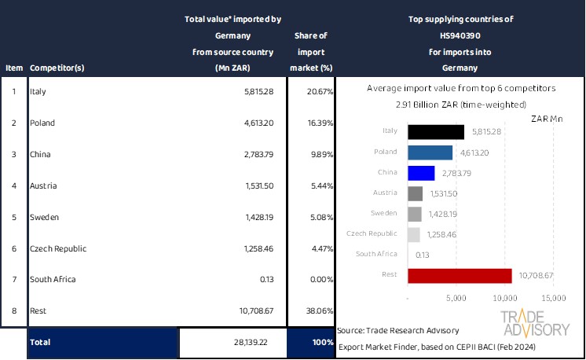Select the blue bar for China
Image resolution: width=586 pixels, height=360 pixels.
(421, 173)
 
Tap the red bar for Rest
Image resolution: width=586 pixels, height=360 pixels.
(460, 275)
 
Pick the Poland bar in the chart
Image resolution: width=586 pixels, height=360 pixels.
(430, 152)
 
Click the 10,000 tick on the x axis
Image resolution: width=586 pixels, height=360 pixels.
(505, 299)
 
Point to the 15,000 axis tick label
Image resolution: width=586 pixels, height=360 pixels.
(553, 299)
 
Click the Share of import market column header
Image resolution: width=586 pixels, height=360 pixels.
(311, 51)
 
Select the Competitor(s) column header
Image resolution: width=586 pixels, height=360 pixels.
(57, 68)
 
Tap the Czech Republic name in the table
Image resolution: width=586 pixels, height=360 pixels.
(57, 248)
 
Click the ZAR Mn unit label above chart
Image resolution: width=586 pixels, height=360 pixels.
(547, 119)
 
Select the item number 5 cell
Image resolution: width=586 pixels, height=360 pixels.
(13, 217)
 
